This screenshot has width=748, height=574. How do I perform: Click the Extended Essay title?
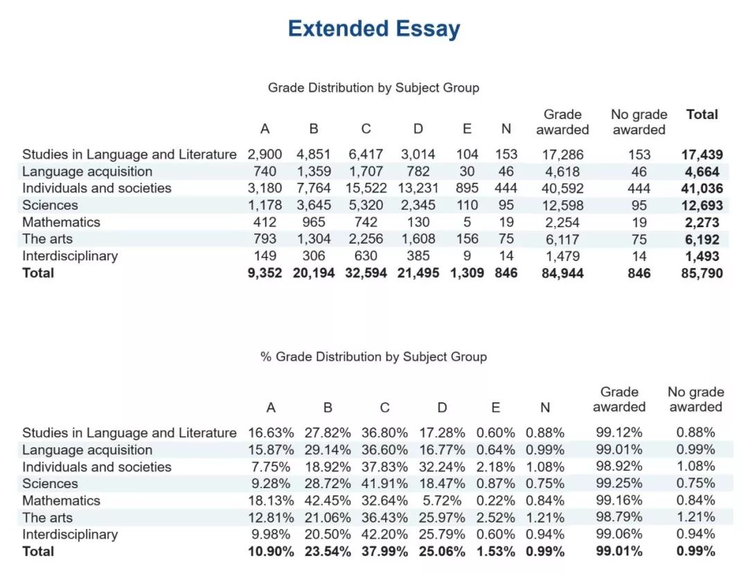(374, 28)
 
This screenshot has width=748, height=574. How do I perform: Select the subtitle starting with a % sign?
(373, 357)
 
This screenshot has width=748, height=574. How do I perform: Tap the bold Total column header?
(702, 114)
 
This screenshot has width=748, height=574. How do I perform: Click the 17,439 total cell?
(702, 154)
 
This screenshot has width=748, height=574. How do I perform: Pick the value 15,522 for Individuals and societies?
(366, 188)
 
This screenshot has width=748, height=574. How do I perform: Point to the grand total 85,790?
(702, 273)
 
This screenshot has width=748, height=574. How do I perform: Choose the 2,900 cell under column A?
(265, 154)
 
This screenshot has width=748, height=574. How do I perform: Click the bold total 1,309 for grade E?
(467, 273)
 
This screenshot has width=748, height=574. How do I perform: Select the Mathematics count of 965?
(314, 222)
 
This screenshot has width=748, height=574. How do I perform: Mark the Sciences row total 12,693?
(702, 206)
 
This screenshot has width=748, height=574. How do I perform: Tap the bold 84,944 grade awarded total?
(562, 273)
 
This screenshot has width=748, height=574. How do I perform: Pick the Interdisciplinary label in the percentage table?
(70, 535)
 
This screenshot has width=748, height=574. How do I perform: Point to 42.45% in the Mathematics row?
(327, 501)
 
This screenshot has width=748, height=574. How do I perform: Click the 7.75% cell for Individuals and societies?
(271, 467)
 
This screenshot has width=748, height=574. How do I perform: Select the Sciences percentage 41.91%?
(384, 484)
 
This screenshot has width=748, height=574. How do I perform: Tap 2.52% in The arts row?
(496, 518)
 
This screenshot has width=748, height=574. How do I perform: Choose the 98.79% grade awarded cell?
(618, 517)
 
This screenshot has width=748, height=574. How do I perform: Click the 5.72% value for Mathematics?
(442, 501)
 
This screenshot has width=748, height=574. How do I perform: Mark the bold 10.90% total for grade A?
(271, 552)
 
